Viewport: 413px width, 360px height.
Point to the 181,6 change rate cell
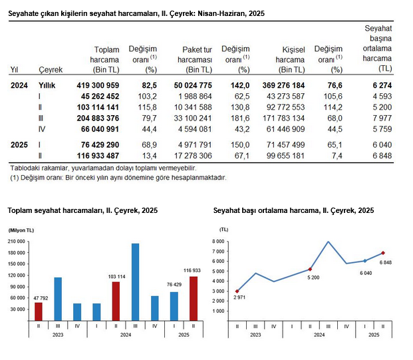tap(237, 117)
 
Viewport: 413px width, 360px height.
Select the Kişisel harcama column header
tap(285, 59)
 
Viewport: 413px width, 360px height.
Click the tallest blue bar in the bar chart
tap(135, 281)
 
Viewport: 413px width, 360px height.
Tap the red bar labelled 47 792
tap(39, 311)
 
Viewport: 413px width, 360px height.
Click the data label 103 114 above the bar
tap(116, 275)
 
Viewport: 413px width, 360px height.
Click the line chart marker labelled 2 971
tap(237, 291)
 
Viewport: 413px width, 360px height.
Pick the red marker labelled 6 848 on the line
tap(382, 253)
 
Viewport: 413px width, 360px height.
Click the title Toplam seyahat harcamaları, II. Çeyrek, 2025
tap(82, 210)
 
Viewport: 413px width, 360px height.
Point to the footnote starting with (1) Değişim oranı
tap(118, 178)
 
